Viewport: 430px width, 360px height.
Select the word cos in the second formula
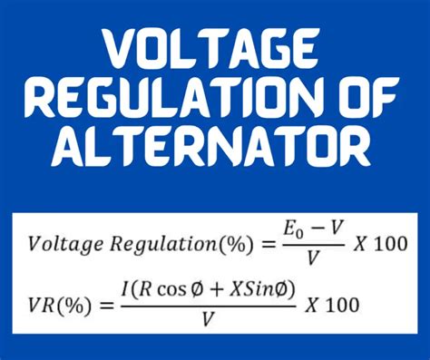pos(171,292)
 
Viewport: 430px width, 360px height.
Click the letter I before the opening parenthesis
pos(126,291)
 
